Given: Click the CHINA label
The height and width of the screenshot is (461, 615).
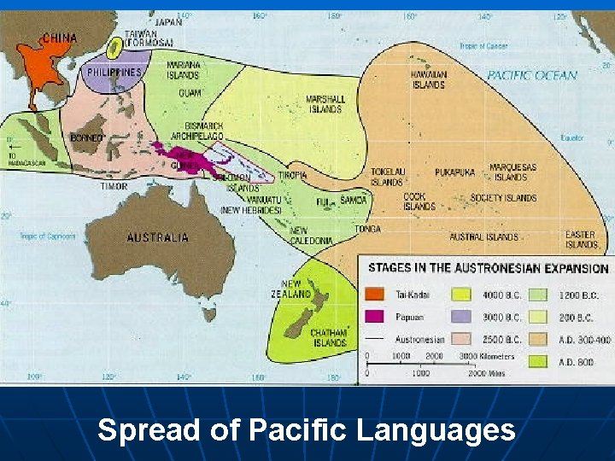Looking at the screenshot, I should click(x=58, y=38).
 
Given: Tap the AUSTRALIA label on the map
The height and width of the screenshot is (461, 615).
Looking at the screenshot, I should click(x=157, y=236).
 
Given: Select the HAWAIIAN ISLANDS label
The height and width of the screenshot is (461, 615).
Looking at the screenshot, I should click(x=428, y=79).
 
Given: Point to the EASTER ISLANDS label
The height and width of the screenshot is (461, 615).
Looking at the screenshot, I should click(x=581, y=239).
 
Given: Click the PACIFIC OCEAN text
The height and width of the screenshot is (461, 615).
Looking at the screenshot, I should click(x=532, y=75).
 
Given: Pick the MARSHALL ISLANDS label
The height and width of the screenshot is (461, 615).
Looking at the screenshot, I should click(x=325, y=104).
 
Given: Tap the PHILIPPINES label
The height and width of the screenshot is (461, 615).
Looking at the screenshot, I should click(x=114, y=73).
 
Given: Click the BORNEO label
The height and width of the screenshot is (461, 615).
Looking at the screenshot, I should click(x=87, y=137).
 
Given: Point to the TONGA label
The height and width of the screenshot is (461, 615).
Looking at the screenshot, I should click(x=368, y=229).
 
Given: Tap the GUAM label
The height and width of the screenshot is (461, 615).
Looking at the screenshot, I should click(x=190, y=92).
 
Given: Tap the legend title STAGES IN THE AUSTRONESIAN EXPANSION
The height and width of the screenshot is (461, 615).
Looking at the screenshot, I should click(x=488, y=268).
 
